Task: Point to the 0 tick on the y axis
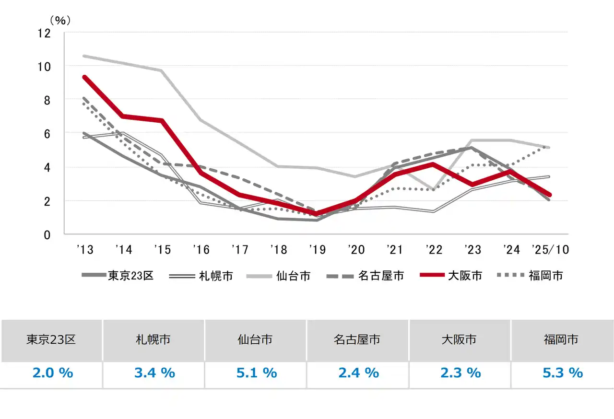pos(47,235)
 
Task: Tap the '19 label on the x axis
pos(317,250)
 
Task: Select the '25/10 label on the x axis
pos(550,250)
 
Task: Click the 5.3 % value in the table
pos(563,372)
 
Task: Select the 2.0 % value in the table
pos(52,372)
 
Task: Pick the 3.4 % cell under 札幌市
pos(154,372)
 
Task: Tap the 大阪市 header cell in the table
pos(459,340)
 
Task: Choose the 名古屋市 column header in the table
pos(357,340)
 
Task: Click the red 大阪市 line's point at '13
pos(84,77)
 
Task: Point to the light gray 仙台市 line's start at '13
pos(84,56)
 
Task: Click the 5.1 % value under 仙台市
pos(257,372)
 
